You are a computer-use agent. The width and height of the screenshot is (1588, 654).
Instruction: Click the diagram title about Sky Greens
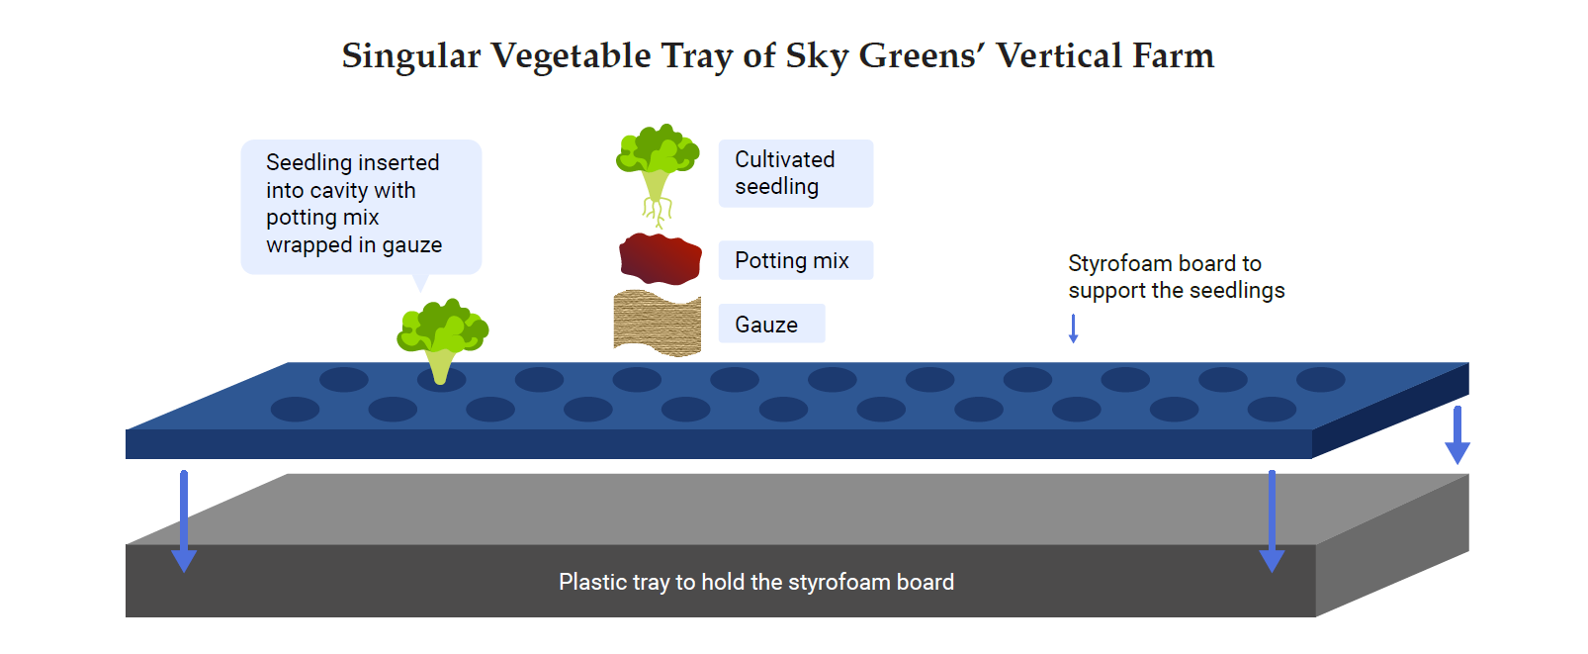(x=778, y=56)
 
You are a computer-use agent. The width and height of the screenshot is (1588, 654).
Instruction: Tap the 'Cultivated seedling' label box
(x=795, y=173)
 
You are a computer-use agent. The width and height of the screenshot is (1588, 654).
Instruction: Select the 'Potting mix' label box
(x=795, y=259)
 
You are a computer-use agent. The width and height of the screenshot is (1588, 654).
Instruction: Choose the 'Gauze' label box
(x=771, y=324)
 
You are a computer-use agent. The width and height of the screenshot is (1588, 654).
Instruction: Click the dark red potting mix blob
(x=660, y=259)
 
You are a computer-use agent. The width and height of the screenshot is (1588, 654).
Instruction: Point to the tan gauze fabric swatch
(x=658, y=323)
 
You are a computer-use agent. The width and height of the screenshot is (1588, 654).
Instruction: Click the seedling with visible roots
(x=658, y=175)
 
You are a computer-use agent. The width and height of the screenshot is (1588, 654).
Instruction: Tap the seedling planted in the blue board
(x=442, y=340)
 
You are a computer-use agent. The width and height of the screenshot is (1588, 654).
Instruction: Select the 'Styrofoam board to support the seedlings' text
(x=1176, y=277)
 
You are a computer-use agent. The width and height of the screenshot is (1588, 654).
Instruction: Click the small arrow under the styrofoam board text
(x=1073, y=328)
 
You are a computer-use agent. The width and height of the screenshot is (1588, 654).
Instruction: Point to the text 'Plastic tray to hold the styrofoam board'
(x=756, y=582)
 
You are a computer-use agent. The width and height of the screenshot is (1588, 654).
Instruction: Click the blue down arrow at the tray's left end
(x=184, y=520)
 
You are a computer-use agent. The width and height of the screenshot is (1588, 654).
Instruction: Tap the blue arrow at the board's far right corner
(x=1456, y=434)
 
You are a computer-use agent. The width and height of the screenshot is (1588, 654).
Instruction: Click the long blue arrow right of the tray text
(x=1272, y=520)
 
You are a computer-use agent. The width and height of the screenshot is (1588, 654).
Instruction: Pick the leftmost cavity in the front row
(x=295, y=410)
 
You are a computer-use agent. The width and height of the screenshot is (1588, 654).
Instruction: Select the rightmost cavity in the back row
(x=1321, y=380)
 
